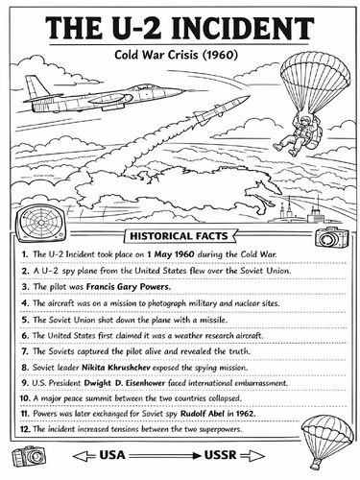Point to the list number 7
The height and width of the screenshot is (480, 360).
(x=23, y=350)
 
